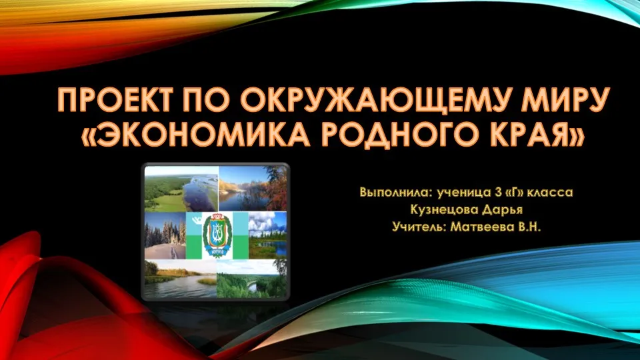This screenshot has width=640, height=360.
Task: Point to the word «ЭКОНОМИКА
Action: (195, 134)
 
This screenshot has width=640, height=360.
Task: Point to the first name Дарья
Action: (502, 211)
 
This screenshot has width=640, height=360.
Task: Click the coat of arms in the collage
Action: (217, 235)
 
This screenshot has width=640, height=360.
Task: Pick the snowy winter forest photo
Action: (165, 235)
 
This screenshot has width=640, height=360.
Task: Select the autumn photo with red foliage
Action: (253, 188)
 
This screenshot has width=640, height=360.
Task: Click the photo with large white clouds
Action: (268, 235)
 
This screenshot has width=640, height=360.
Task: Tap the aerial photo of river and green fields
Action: (181, 189)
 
